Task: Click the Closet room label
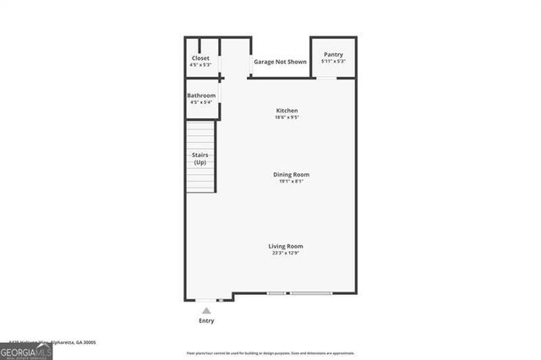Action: [200, 58]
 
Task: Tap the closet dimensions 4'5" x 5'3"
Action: [200, 65]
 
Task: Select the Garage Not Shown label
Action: [280, 62]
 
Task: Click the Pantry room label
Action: [333, 55]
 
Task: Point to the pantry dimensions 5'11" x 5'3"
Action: [333, 61]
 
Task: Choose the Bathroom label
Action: [201, 95]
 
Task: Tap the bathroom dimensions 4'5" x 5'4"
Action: [201, 102]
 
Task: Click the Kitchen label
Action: [287, 111]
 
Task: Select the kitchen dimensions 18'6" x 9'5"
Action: [287, 117]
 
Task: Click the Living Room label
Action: [286, 246]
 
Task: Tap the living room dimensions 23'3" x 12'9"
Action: [286, 253]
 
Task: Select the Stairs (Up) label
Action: [200, 158]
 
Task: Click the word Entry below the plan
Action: [206, 321]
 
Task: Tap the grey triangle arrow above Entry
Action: [206, 311]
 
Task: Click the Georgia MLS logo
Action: [26, 350]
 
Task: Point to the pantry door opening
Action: [325, 79]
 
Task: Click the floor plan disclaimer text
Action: [270, 353]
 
